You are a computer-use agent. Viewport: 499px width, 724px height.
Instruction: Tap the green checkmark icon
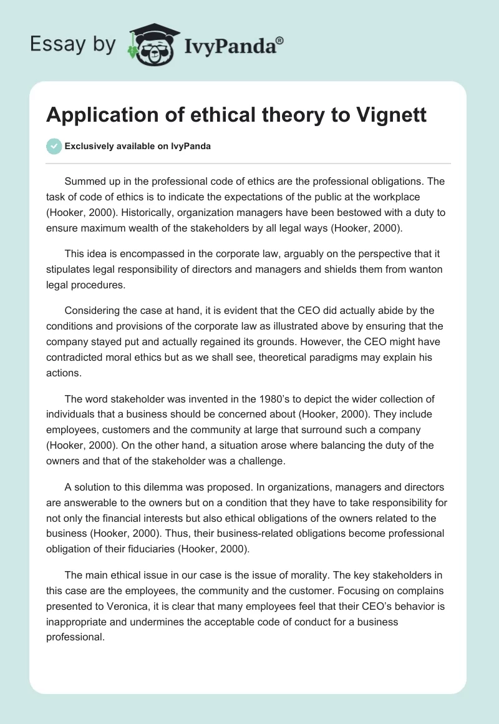(54, 146)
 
